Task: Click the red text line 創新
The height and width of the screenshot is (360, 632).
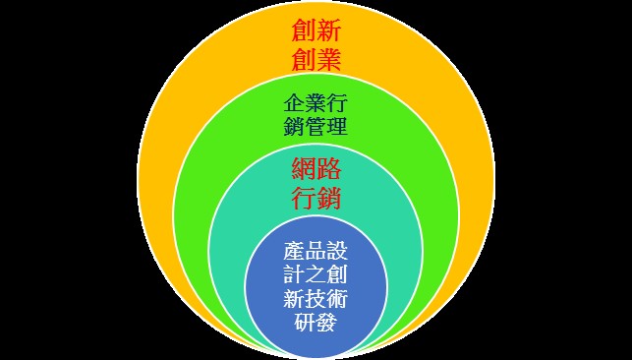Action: [x=316, y=31]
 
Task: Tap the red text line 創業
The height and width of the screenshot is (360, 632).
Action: [x=316, y=60]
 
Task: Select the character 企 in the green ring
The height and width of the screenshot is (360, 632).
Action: [x=294, y=103]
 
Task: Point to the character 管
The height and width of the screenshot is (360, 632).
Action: [x=316, y=126]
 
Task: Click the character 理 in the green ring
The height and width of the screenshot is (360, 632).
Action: [x=337, y=126]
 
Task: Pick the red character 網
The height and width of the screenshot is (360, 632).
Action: [x=304, y=170]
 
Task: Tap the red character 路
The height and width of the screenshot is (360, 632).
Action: [x=329, y=170]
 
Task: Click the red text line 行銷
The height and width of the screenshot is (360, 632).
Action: [x=316, y=198]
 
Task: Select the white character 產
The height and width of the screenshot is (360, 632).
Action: [x=294, y=251]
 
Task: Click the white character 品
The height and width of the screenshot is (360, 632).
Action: [x=316, y=251]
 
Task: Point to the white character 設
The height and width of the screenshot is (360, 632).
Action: [x=337, y=251]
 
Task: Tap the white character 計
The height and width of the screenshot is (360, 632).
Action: [x=294, y=274]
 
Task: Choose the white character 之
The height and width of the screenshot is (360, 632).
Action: [x=316, y=274]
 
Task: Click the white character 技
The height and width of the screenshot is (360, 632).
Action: [x=316, y=298]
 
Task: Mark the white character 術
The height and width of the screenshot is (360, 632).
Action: [x=337, y=298]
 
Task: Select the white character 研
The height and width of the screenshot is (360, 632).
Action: [x=305, y=322]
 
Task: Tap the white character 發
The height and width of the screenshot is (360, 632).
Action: [x=326, y=322]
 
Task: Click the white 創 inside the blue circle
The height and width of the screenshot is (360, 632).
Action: [x=337, y=274]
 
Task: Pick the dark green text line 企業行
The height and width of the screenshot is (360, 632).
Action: [x=316, y=103]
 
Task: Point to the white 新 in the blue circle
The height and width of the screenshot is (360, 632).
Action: [x=294, y=298]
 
